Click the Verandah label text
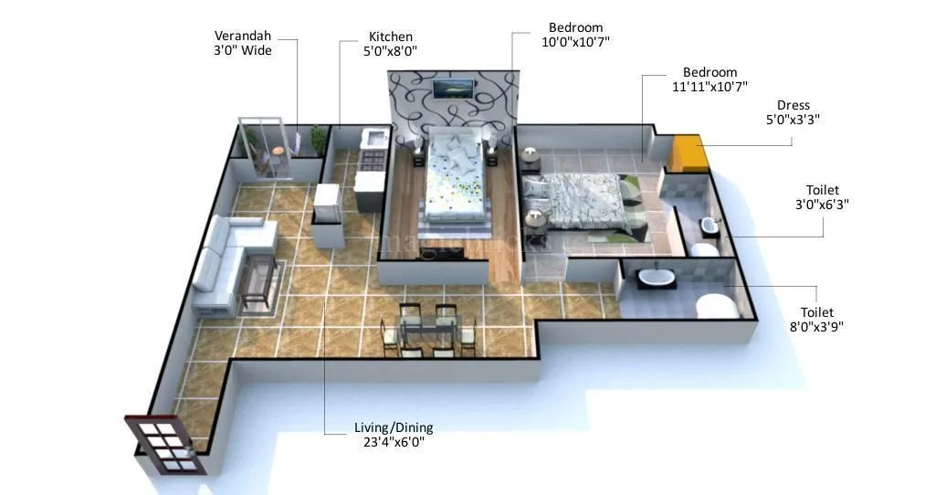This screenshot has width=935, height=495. [243, 43]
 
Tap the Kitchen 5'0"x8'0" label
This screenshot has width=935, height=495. [391, 43]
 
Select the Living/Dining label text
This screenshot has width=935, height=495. [394, 435]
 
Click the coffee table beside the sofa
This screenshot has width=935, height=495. [257, 281]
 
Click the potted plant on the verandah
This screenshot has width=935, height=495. [318, 139]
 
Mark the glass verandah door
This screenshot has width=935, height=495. [265, 146]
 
